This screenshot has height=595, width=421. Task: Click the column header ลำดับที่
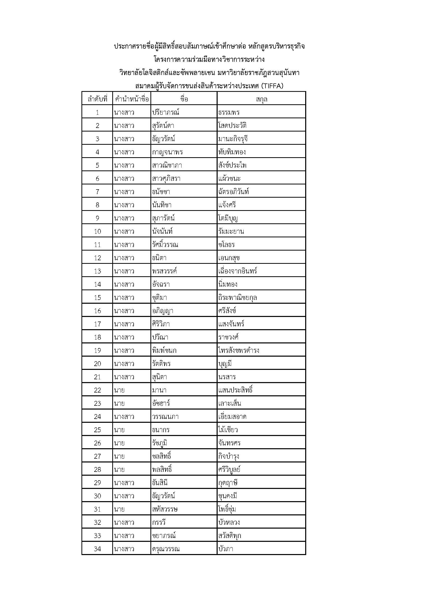click(97, 99)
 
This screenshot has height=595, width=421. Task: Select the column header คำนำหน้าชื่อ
click(132, 99)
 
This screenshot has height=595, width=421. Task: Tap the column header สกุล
click(261, 99)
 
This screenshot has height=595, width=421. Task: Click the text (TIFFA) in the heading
click(272, 86)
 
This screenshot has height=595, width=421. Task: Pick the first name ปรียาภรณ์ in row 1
click(166, 112)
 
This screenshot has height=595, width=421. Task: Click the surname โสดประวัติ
click(232, 126)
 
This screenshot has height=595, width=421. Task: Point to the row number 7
click(97, 192)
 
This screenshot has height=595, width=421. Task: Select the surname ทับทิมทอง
click(232, 152)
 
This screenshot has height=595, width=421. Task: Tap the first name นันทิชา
click(162, 205)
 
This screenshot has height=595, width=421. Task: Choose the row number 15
click(97, 298)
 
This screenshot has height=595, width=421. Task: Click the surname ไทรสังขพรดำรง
click(239, 350)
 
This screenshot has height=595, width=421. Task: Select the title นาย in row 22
click(119, 390)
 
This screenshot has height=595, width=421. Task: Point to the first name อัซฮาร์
click(161, 403)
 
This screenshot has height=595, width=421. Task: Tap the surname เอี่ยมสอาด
click(232, 416)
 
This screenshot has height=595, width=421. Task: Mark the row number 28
click(97, 469)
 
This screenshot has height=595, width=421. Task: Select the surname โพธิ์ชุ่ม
click(227, 509)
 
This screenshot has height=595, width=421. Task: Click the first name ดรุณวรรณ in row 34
click(166, 549)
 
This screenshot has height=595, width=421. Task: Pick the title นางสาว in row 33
click(124, 535)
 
